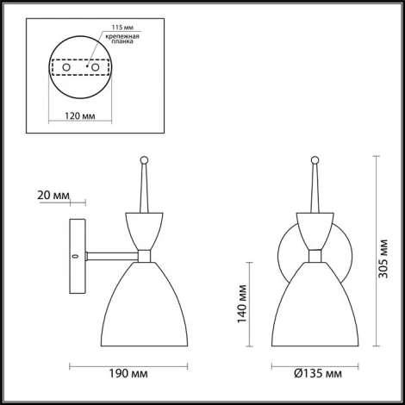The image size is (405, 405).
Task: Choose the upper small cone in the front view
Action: pyautogui.click(x=317, y=228)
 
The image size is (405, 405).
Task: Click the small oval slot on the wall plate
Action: pyautogui.click(x=75, y=256)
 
